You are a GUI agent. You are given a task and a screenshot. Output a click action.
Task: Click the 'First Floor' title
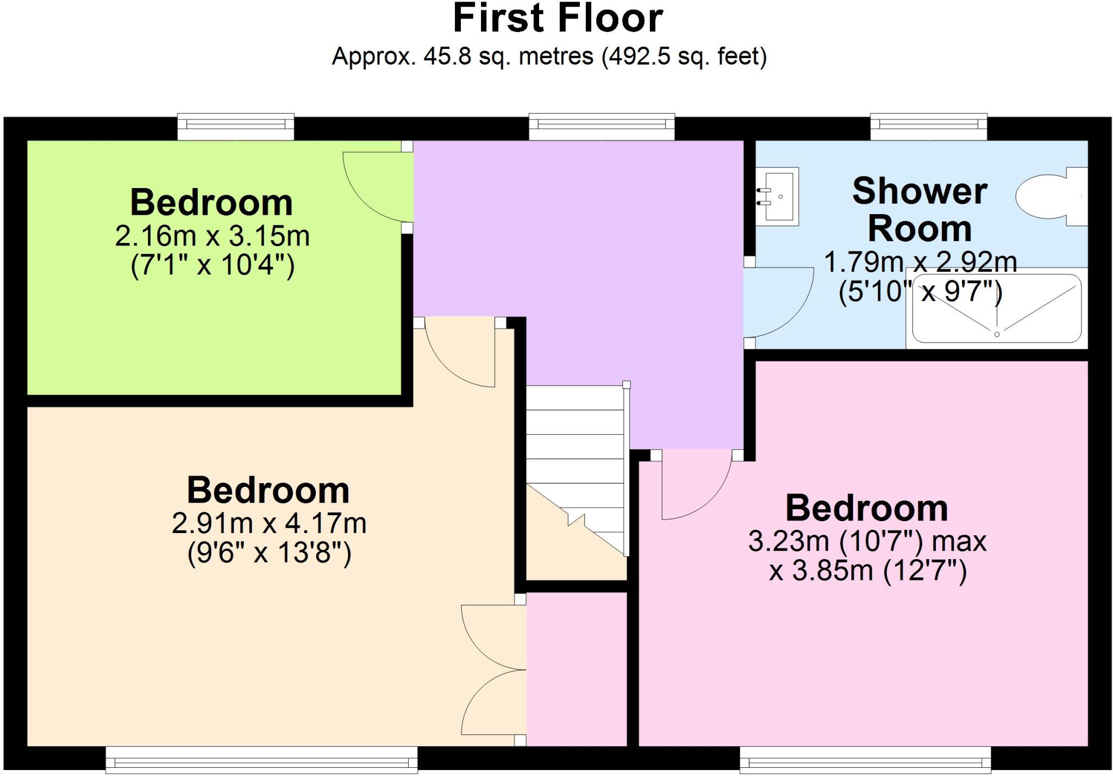pyautogui.click(x=558, y=19)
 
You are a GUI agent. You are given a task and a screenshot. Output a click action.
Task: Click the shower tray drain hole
pyautogui.click(x=997, y=334)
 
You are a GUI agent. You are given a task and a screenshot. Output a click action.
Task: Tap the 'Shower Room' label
pyautogui.click(x=920, y=209)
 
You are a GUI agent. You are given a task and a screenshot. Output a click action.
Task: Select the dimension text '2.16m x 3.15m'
pyautogui.click(x=212, y=236)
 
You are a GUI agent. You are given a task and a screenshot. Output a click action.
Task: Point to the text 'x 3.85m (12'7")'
pyautogui.click(x=867, y=571)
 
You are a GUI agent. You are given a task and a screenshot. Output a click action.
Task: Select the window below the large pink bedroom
pyautogui.click(x=865, y=761)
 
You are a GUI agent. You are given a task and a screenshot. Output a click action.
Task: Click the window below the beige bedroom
pyautogui.click(x=261, y=761)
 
